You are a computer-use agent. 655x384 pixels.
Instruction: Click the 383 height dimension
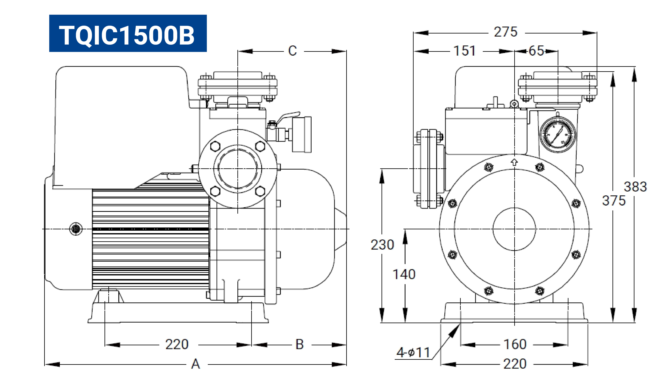(x=635, y=187)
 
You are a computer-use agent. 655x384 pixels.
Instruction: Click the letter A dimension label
(x=196, y=364)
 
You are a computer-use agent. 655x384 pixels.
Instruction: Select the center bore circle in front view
(x=514, y=229)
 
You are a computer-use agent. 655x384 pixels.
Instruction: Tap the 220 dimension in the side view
(x=177, y=345)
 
